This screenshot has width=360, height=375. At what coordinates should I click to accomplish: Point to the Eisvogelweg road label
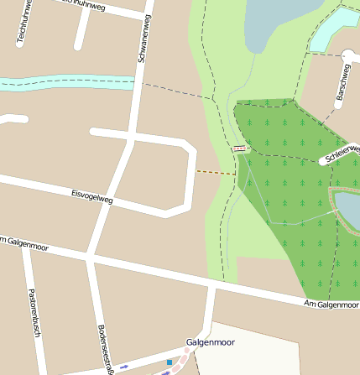click(x=91, y=196)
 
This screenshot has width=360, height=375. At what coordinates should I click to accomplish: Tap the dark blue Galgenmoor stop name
click(x=211, y=342)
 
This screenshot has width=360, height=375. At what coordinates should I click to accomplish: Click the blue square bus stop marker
click(x=169, y=362)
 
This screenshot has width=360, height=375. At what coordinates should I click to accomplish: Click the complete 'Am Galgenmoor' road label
click(x=331, y=304)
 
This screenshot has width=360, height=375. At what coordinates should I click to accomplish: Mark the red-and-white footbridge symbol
click(x=240, y=148)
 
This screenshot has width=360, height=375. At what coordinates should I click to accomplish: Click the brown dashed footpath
click(x=216, y=173)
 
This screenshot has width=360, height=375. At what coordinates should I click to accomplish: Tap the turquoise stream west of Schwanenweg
click(x=67, y=83)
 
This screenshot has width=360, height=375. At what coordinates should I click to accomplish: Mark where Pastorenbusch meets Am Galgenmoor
click(x=25, y=244)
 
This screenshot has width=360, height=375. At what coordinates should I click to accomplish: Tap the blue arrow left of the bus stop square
click(x=124, y=367)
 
